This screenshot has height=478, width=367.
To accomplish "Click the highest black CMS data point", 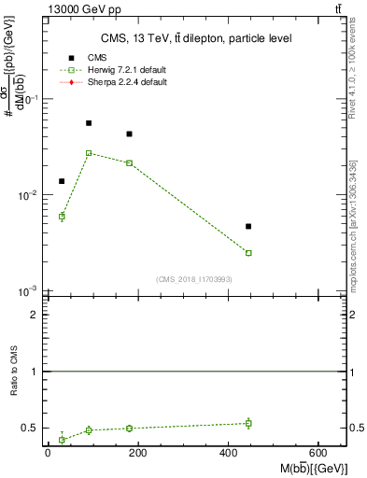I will click(x=89, y=123).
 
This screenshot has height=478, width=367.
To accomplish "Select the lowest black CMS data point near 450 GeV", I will click(x=248, y=226).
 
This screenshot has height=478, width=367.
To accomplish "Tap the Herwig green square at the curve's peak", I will click(x=89, y=153).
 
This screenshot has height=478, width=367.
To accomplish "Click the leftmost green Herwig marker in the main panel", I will click(x=62, y=217).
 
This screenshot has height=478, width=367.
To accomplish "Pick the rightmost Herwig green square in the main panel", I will click(x=248, y=253).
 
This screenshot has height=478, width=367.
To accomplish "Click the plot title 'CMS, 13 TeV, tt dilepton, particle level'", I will click(x=196, y=38).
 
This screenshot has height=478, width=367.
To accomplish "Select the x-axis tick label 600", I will click(x=318, y=453).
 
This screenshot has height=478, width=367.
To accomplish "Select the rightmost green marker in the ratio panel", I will click(x=248, y=423).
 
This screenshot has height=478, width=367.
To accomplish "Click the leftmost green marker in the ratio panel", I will click(x=62, y=439).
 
